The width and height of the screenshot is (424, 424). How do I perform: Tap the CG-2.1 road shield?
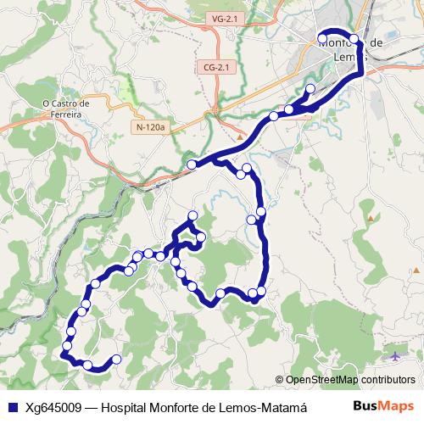(x=216, y=66)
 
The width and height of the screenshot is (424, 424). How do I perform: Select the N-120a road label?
(x=152, y=126)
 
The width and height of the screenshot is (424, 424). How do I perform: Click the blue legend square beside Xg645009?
(x=13, y=406)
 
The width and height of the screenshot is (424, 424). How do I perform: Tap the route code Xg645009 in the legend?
(x=56, y=406)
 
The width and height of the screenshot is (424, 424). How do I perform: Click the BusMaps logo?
(x=384, y=405)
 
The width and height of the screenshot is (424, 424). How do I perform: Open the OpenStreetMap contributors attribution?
(x=349, y=379)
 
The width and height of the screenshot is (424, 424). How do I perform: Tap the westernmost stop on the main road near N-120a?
(x=192, y=164)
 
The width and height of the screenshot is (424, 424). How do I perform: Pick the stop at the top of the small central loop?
(x=193, y=215)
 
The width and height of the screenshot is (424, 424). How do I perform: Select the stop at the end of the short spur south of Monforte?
(x=310, y=89)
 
